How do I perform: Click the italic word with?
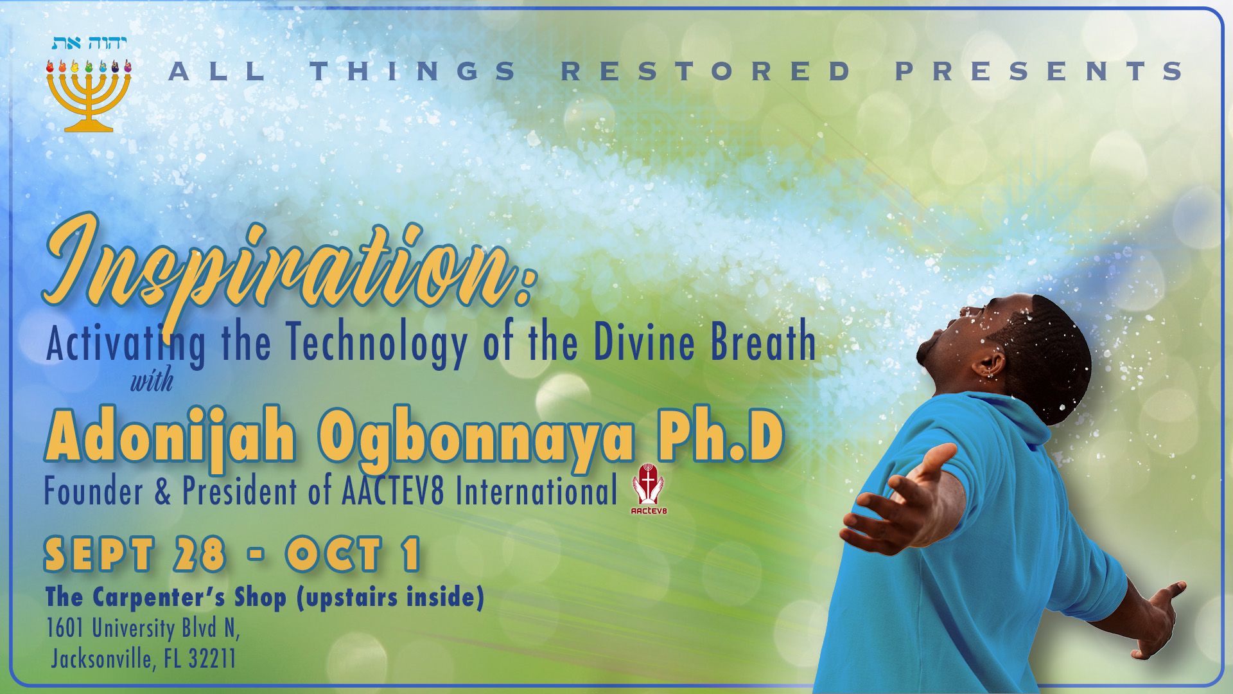(152, 381)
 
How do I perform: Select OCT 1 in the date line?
(354, 555)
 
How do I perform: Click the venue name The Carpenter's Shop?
(166, 598)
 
